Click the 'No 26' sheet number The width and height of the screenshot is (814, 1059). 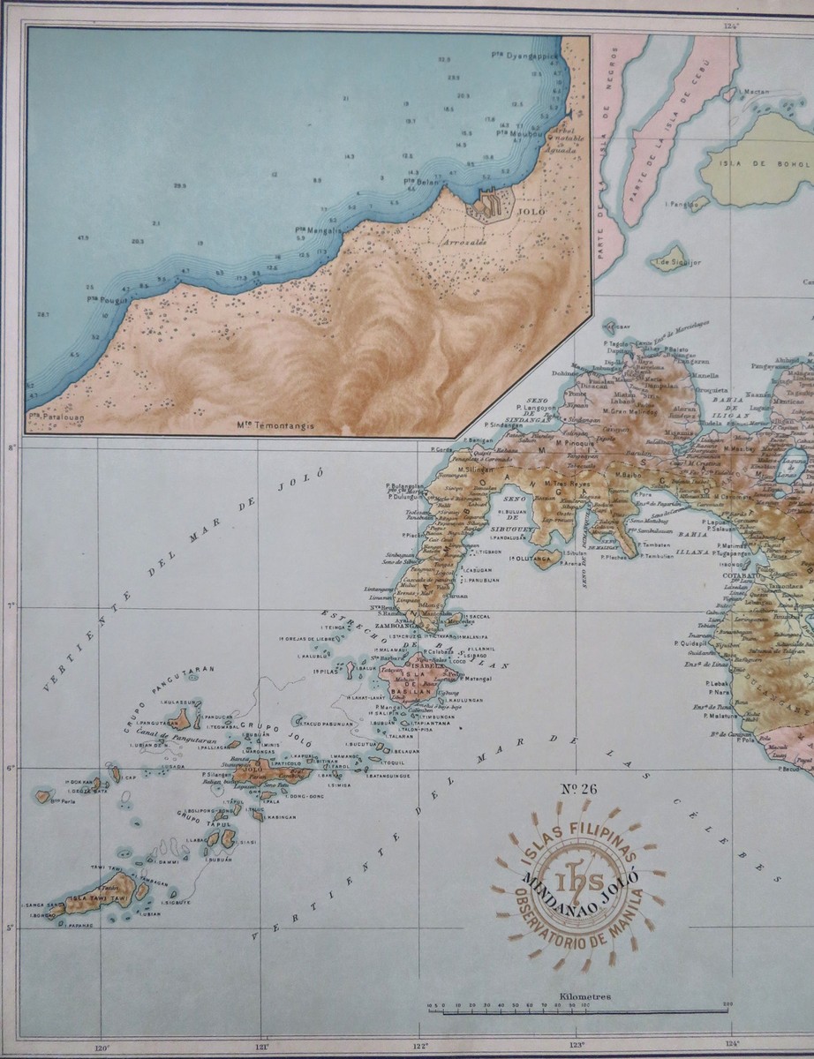click(x=579, y=788)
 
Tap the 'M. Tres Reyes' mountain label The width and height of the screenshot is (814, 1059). click(x=563, y=483)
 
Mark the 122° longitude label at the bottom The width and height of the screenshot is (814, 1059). click(x=418, y=1048)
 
